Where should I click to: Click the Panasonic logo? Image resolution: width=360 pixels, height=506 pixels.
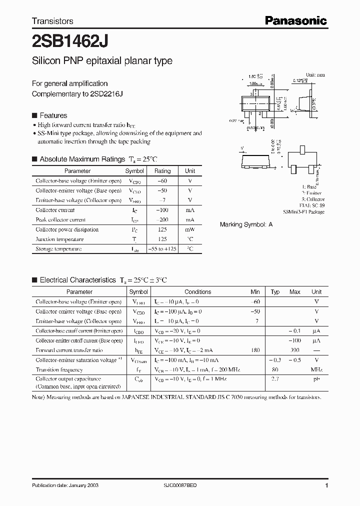pos(295,20)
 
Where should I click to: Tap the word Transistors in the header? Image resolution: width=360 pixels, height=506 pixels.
pos(52,21)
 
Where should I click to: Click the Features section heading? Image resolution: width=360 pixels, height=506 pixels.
pos(53,115)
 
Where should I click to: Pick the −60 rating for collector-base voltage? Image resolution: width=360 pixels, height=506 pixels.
pos(162,180)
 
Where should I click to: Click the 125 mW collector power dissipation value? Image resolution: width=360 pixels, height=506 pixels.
pos(162,229)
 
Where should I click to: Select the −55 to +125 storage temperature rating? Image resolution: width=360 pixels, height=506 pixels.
pos(162,248)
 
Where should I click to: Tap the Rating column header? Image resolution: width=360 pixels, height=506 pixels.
pos(162,171)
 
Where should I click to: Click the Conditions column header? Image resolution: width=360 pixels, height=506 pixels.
pos(197,292)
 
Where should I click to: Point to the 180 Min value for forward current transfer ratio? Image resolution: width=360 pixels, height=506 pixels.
pos(255,350)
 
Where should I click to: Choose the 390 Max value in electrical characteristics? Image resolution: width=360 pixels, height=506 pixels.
pos(295,350)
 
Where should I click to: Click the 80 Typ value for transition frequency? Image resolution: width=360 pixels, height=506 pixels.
pos(275,369)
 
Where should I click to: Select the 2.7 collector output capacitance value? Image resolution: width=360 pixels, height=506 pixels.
pos(275,379)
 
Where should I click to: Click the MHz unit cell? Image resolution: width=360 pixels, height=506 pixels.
pos(316,369)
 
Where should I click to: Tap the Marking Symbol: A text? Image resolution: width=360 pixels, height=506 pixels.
pos(246,224)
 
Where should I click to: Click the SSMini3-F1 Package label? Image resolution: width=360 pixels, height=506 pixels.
pos(303,212)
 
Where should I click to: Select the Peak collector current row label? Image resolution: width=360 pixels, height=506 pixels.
pos(60,219)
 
